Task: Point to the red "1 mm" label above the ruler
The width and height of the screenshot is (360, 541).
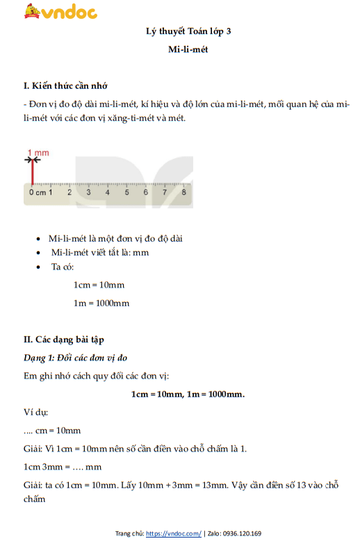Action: tap(38, 152)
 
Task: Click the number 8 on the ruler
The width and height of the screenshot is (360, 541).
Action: tap(183, 192)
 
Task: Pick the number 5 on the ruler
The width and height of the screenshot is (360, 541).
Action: tap(126, 192)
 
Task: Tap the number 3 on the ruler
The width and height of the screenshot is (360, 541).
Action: tap(88, 192)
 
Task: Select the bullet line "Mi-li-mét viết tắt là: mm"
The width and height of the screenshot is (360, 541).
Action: tap(99, 252)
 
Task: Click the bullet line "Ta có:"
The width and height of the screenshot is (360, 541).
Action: tap(67, 267)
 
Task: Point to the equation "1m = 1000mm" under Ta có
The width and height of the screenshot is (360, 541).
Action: tap(101, 303)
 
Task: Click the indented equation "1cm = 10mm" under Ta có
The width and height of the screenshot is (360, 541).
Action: tap(99, 285)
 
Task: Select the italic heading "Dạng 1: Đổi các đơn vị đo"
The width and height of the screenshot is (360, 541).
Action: tap(76, 358)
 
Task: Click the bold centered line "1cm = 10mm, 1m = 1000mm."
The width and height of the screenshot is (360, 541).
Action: tap(188, 394)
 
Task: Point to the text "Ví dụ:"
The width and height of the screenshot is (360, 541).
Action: tap(35, 412)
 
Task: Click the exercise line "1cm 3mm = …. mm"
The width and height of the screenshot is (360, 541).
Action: tap(63, 467)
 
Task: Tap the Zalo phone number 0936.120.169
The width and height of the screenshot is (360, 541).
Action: tap(242, 533)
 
